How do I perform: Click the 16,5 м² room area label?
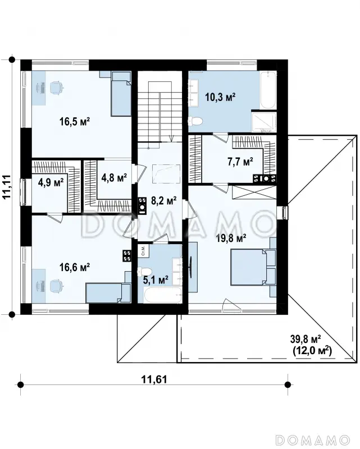(x=75, y=121)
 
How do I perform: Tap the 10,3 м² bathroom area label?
(x=220, y=97)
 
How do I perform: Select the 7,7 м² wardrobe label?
(x=240, y=162)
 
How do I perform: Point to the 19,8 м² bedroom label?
(x=231, y=237)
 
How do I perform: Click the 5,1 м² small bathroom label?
(x=156, y=279)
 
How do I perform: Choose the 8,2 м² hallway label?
(x=163, y=201)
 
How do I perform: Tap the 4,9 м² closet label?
(x=51, y=182)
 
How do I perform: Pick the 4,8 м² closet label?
(x=114, y=177)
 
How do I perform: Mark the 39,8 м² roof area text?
(x=306, y=340)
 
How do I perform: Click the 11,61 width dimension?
(x=154, y=379)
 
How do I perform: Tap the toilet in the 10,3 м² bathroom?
(x=195, y=121)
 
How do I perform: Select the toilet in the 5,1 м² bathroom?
(x=144, y=271)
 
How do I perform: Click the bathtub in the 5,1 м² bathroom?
(x=163, y=295)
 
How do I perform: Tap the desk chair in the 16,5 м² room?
(x=56, y=88)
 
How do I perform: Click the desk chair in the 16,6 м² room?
(x=56, y=286)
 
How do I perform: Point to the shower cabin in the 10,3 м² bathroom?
(x=264, y=122)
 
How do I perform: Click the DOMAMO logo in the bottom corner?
(x=313, y=439)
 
